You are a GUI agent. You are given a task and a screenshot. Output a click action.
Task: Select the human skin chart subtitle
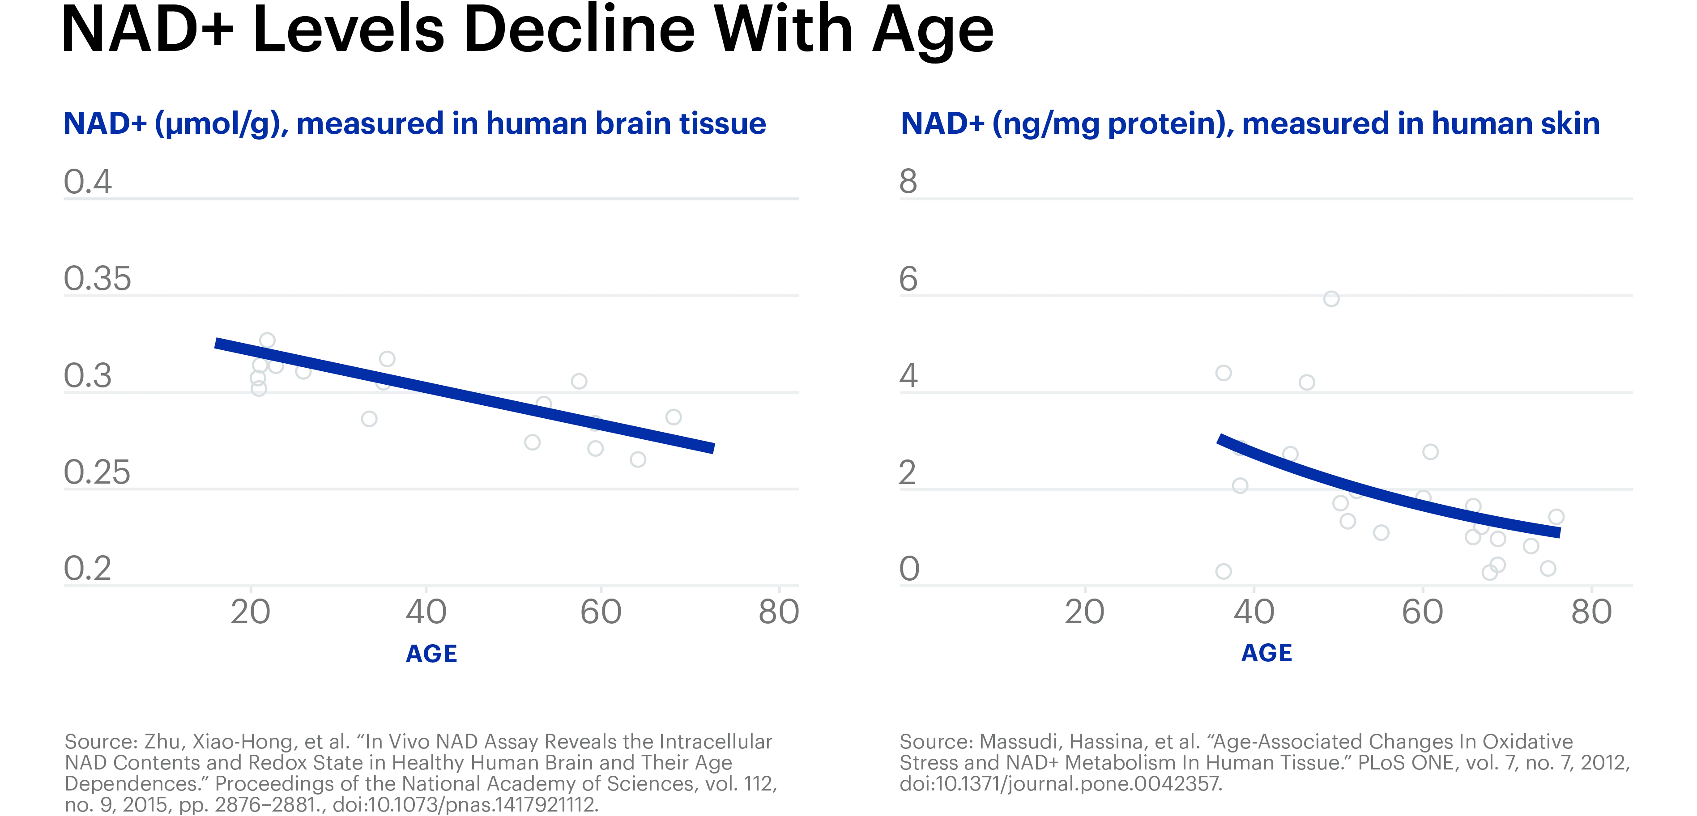[x=1249, y=124]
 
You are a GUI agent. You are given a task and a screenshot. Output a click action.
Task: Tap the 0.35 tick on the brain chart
[x=98, y=279]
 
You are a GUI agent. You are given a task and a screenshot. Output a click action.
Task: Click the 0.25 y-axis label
[x=98, y=472]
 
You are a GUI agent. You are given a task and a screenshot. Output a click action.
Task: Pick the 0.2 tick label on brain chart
[x=87, y=568]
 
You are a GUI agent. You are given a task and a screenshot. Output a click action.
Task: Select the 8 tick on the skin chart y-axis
[x=908, y=181]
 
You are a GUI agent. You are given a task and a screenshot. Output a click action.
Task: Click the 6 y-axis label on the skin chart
[x=908, y=279]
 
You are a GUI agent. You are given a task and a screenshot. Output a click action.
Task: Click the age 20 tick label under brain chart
[x=250, y=612]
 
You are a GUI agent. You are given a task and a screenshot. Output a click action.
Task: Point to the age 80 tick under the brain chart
[x=779, y=612]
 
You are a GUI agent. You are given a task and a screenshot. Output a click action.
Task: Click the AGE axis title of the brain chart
[x=431, y=653]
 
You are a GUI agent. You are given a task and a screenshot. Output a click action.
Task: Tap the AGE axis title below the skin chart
[x=1266, y=652]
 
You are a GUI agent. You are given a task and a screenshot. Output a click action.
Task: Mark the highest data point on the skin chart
[x=1331, y=299]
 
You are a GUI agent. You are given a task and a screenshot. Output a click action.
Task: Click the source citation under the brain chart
[x=420, y=773]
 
